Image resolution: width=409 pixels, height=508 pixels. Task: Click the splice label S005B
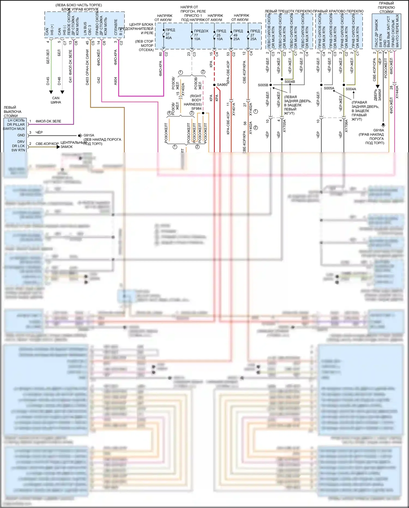[263, 85]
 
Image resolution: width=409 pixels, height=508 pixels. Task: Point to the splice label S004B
[290, 82]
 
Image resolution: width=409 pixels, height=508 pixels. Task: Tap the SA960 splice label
[222, 85]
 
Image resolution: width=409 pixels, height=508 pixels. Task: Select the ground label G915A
[89, 135]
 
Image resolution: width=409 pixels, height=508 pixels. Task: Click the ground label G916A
[378, 130]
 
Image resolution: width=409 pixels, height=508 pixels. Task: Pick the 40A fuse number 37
[167, 34]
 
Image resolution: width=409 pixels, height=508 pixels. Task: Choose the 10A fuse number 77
[196, 35]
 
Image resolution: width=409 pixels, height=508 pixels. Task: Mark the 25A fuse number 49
[235, 35]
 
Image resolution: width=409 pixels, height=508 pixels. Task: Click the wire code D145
[48, 81]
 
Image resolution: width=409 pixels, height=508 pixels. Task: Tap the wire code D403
[87, 81]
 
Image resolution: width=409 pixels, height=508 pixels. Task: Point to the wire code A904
[116, 81]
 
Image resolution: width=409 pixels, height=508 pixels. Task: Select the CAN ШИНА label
[56, 100]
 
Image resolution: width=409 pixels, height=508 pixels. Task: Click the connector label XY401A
[234, 109]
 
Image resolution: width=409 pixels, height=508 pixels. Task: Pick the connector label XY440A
[397, 92]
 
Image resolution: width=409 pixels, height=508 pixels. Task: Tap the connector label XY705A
[284, 126]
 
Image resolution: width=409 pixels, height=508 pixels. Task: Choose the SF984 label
[196, 109]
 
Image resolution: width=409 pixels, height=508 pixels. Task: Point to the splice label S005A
[329, 88]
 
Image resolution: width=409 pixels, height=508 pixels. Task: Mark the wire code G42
[99, 80]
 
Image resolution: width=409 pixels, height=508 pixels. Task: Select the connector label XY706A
[346, 126]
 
